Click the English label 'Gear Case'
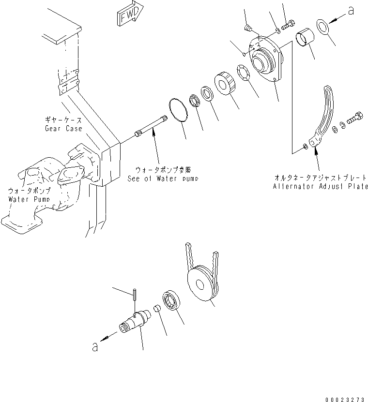63,129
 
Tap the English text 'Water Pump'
29,199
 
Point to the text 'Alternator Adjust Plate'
320,186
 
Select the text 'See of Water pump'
163,179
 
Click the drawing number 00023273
345,400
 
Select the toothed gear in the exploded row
225,84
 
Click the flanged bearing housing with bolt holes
266,59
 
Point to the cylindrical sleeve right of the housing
305,37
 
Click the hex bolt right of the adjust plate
355,118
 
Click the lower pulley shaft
135,322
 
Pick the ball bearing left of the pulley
171,300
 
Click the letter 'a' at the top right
351,11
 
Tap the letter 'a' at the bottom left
95,347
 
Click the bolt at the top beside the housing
288,25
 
